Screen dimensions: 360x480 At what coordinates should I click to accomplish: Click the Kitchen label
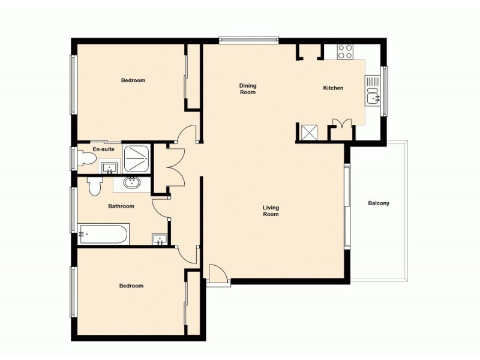coord(333,88)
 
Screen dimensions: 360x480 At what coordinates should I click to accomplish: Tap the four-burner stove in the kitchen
coord(345,52)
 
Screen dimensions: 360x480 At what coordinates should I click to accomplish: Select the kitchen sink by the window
coord(373,96)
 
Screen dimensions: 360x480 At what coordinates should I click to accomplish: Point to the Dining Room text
coord(248,89)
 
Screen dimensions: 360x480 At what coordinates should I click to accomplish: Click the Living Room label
coord(271,211)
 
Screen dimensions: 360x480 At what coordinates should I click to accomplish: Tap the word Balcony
coord(379,203)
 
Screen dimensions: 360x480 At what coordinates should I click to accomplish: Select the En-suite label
coord(103,149)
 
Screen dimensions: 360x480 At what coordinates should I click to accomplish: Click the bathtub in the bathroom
coord(103,234)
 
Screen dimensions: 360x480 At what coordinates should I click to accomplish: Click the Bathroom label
coord(121,206)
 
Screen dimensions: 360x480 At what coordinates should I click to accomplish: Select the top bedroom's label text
coord(133,80)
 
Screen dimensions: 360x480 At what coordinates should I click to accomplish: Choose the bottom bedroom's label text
coord(131,286)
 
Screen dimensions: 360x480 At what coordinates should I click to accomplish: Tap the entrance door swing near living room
coord(217,273)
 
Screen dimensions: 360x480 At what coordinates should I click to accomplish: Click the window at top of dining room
coord(248,41)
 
